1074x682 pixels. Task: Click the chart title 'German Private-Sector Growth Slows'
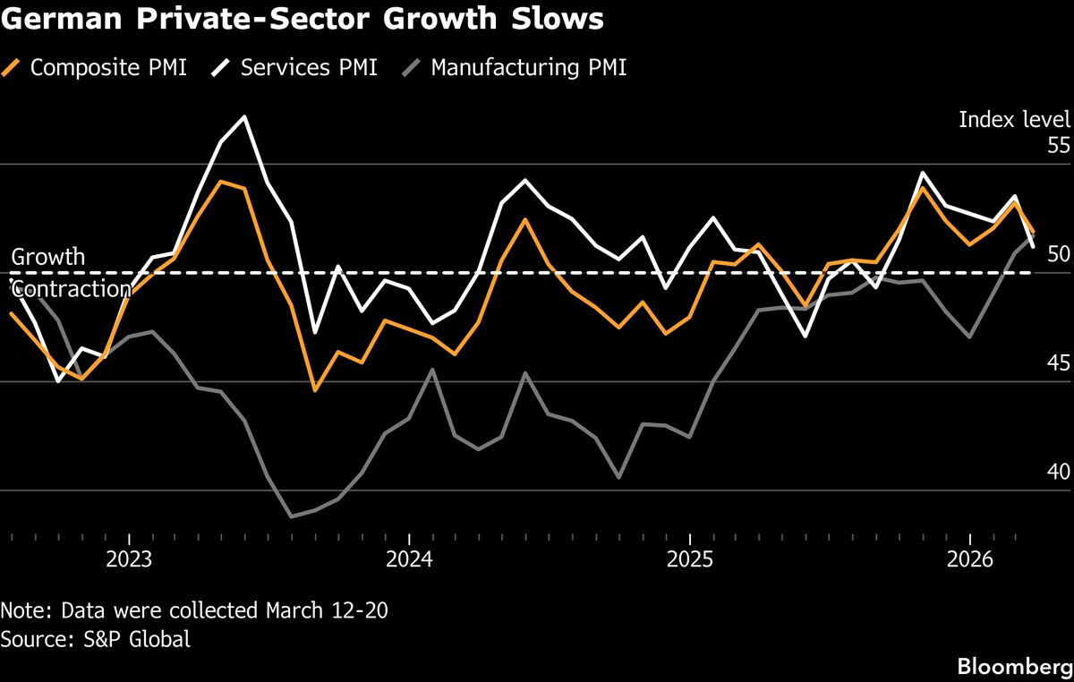tap(302, 20)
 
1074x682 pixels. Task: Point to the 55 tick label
tap(1058, 146)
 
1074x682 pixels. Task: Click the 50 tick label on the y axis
tap(1058, 254)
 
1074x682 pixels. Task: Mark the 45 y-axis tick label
tap(1058, 363)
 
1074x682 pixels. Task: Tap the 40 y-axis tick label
tap(1058, 472)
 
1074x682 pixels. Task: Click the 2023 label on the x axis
tap(129, 560)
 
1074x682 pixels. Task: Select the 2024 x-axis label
tap(409, 560)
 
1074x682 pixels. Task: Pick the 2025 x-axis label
tap(690, 560)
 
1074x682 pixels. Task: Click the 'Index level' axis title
tap(1014, 120)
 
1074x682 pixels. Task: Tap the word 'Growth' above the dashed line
tap(48, 257)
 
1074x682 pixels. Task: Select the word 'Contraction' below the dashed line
tap(72, 289)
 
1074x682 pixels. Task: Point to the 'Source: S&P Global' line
tap(96, 640)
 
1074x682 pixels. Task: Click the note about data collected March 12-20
tap(194, 611)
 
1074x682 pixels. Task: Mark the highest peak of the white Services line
tap(244, 117)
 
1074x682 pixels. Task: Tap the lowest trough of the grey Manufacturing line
tap(292, 516)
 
